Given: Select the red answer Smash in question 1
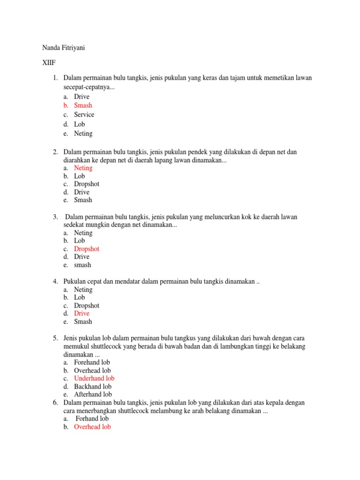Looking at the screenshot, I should coord(83,105).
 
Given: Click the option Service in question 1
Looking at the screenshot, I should coord(84,114).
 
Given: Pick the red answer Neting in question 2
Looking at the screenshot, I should coord(83,168).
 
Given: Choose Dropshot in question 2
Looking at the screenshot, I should coord(87,184).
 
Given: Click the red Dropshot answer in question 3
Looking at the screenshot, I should coord(87,249).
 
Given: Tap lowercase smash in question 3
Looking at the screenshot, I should coord(82,265).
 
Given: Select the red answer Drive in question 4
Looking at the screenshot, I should coord(82,313).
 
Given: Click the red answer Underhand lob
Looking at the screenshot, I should coord(94,378).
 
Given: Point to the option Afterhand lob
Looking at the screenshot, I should coord(93,394).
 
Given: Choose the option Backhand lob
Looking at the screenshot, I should coord(93,386).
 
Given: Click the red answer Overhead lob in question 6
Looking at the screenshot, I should coord(92,427).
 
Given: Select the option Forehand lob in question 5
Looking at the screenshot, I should coord(92,362).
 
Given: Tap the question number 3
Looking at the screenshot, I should coord(55,217).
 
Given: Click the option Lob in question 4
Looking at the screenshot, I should coord(79,297).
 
